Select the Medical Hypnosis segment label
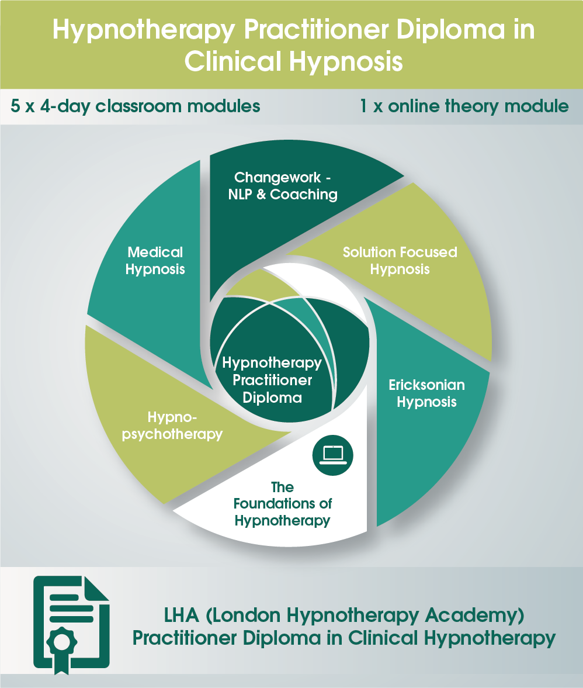(x=155, y=261)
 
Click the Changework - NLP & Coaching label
(x=283, y=186)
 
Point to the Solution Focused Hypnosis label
(x=400, y=261)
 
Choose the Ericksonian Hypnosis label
(x=427, y=393)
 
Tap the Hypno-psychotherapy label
(x=176, y=426)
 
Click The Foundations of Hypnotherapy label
(x=283, y=503)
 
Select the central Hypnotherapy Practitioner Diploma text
(x=272, y=381)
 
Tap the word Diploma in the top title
(x=449, y=30)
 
